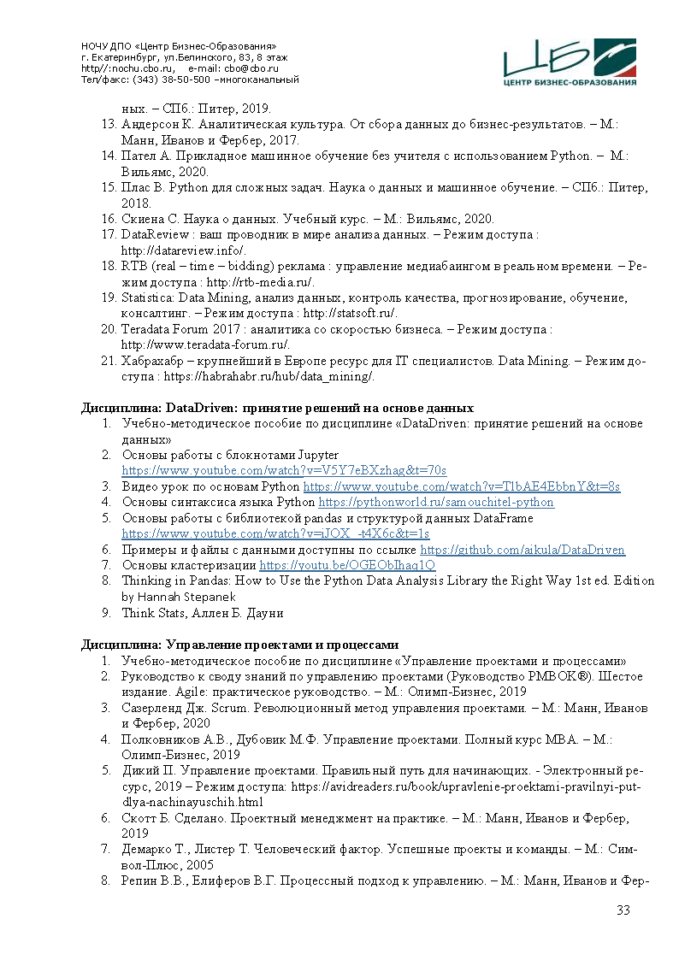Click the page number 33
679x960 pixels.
click(623, 910)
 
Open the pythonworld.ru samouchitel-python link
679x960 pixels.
click(436, 503)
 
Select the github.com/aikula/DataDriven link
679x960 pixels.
click(523, 551)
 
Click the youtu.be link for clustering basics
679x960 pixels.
click(347, 566)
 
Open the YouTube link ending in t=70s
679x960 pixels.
click(284, 471)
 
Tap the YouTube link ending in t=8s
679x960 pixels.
click(462, 486)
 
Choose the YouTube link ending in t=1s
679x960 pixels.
click(275, 534)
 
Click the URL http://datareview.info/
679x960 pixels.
click(184, 250)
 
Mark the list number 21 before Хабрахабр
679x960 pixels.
click(109, 362)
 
